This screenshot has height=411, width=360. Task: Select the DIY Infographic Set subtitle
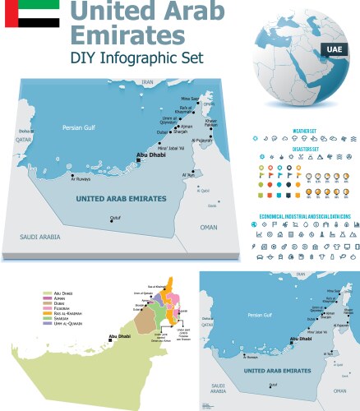click(x=136, y=58)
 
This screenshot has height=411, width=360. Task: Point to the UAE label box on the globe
click(x=334, y=49)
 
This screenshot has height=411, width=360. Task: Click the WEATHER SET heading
click(x=306, y=130)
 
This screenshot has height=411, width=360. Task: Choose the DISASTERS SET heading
click(x=306, y=149)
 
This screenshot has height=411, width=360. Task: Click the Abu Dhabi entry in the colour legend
click(x=62, y=293)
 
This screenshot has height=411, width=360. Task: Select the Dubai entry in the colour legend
click(x=59, y=304)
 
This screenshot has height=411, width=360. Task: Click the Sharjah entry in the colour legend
click(x=61, y=321)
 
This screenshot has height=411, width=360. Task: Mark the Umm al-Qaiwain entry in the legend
click(x=66, y=327)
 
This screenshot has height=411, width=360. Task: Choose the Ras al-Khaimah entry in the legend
click(x=66, y=316)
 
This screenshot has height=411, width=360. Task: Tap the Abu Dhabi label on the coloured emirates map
click(x=120, y=335)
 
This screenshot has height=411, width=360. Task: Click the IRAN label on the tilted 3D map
click(x=148, y=83)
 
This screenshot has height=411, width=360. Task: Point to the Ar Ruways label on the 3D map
click(x=81, y=182)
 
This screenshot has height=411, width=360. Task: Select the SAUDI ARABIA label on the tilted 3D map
click(x=41, y=237)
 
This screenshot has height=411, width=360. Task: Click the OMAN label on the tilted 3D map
click(x=209, y=227)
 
